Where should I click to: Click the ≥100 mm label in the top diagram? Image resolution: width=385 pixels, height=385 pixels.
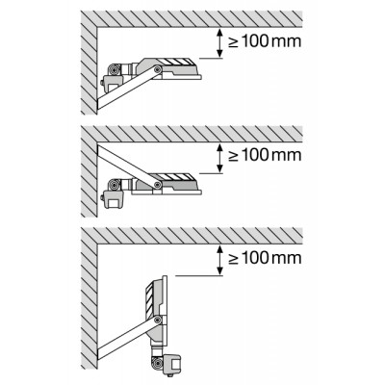pyautogui.click(x=265, y=41)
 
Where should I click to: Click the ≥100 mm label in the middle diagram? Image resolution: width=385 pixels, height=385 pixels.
pyautogui.click(x=265, y=155)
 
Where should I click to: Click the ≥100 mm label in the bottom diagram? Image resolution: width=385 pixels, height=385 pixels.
pyautogui.click(x=265, y=258)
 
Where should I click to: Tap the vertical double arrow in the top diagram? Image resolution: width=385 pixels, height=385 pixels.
pyautogui.click(x=219, y=43)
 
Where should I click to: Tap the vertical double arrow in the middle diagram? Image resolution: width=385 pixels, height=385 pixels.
pyautogui.click(x=219, y=159)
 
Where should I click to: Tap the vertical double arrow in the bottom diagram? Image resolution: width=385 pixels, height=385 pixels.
pyautogui.click(x=219, y=260)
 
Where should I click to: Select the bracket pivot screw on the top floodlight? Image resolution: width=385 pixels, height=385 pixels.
pyautogui.click(x=157, y=69)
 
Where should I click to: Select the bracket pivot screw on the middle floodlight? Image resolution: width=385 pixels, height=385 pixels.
pyautogui.click(x=157, y=184)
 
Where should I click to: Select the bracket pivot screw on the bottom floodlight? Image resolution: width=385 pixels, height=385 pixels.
pyautogui.click(x=157, y=320)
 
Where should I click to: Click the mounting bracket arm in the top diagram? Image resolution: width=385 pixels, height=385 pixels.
pyautogui.click(x=128, y=88)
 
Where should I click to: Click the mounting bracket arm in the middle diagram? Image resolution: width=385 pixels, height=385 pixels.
pyautogui.click(x=128, y=167)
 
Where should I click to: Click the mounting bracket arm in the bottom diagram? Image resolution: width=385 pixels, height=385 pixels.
pyautogui.click(x=128, y=336)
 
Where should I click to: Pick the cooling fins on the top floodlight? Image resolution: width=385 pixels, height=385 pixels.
pyautogui.click(x=176, y=62)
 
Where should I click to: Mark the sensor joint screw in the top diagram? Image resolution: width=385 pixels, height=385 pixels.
pyautogui.click(x=113, y=69)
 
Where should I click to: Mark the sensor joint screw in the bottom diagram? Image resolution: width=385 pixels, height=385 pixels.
pyautogui.click(x=157, y=363)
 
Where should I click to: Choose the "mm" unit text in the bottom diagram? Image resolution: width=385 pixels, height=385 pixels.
pyautogui.click(x=286, y=259)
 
